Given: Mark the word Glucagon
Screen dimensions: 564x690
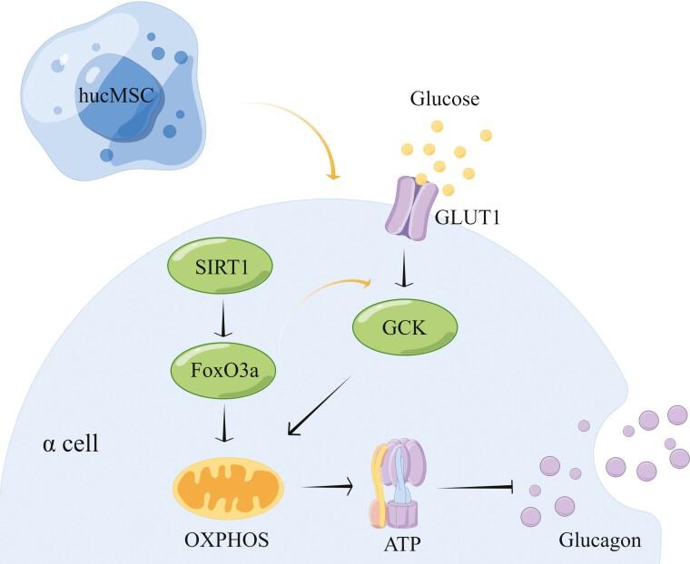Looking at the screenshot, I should pos(598,540).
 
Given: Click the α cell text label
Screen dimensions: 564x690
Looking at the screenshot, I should pos(71,445).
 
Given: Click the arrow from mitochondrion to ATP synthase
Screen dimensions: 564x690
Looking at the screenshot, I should pos(327,489).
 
